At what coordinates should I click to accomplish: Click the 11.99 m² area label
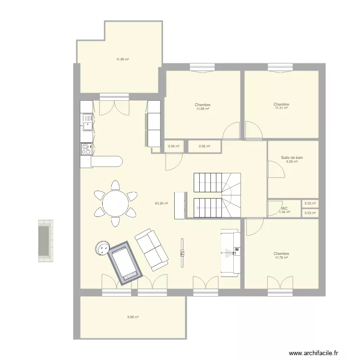point(122,60)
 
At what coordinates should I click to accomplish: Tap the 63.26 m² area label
point(161,204)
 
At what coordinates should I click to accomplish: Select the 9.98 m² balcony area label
point(133,317)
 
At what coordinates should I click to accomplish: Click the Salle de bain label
point(292,157)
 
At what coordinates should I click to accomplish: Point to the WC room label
point(284,208)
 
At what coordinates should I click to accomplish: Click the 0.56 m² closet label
point(174,146)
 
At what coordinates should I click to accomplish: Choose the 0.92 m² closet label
point(204,146)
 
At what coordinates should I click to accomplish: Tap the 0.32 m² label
point(311,204)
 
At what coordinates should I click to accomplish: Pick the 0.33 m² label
point(311,213)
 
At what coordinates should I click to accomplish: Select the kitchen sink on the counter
point(87,122)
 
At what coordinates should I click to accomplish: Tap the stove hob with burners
point(86,149)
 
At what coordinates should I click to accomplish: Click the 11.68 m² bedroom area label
point(203,109)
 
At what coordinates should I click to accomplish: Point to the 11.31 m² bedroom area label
point(281,108)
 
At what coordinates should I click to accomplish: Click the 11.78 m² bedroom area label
point(281,258)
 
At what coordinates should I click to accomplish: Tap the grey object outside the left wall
point(46,241)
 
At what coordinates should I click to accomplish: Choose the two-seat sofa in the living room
point(152,249)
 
